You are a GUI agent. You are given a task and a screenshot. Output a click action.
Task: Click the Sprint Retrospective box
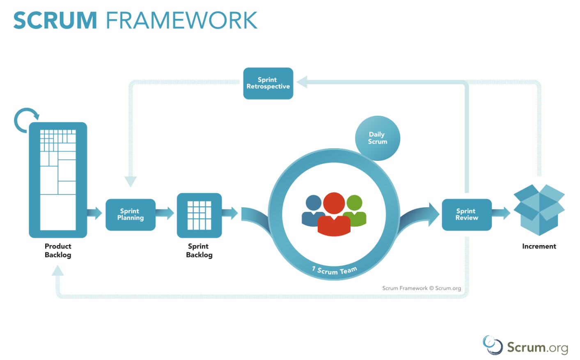(x=268, y=83)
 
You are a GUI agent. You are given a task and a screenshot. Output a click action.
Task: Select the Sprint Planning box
(x=131, y=215)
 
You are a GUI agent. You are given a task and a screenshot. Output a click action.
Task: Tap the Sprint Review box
(x=467, y=215)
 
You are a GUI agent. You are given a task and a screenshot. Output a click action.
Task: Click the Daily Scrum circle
(x=377, y=138)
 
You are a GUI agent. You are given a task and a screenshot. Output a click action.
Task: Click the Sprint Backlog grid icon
(x=199, y=216)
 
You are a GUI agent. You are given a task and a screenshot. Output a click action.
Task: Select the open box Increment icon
(x=539, y=210)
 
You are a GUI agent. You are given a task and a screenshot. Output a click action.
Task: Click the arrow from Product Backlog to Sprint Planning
(x=95, y=213)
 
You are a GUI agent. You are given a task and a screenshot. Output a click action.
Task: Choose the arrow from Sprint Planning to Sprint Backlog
(x=165, y=213)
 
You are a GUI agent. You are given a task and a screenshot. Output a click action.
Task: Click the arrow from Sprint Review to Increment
(x=501, y=213)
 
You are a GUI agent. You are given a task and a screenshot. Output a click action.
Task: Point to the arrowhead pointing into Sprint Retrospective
(x=302, y=82)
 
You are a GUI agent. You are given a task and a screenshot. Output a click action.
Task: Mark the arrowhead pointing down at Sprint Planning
(x=131, y=181)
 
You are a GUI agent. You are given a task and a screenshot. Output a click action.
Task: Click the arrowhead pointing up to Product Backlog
(x=58, y=271)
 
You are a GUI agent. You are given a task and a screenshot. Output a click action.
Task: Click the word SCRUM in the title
(x=55, y=21)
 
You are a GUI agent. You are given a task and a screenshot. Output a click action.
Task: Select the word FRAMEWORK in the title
(x=182, y=21)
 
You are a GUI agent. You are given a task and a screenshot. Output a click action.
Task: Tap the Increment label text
(x=539, y=246)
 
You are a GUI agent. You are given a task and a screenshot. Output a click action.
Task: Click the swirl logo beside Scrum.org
(x=492, y=345)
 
